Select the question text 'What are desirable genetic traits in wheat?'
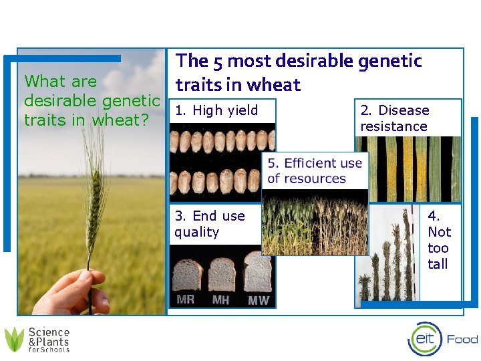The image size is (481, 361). click(x=92, y=101)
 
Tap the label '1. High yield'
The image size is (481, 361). click(x=216, y=110)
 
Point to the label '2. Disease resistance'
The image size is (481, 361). click(x=394, y=118)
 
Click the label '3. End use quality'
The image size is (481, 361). click(x=209, y=224)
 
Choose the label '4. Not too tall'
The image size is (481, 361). click(x=439, y=240)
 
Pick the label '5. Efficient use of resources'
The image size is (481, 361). click(x=314, y=170)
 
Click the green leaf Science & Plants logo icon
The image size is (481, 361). click(x=14, y=340)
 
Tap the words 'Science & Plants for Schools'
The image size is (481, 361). click(x=49, y=340)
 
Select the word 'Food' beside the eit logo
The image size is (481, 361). click(x=462, y=340)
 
